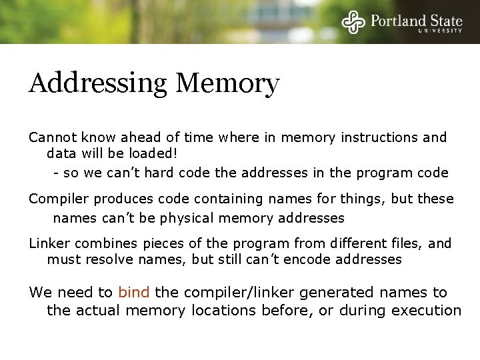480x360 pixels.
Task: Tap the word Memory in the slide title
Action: pyautogui.click(x=227, y=85)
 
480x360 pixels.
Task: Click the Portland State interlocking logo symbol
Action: pyautogui.click(x=354, y=22)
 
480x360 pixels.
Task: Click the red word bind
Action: pyautogui.click(x=133, y=292)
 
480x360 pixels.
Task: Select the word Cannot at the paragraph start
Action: pyautogui.click(x=51, y=138)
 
